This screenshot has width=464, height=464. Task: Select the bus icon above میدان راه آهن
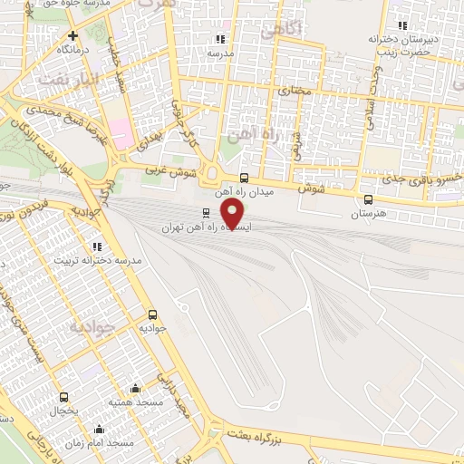click(x=244, y=178)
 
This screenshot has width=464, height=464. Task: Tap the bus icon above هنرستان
click(x=368, y=200)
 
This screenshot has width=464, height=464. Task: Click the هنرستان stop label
click(x=368, y=215)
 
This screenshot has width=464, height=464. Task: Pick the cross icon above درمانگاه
click(x=72, y=35)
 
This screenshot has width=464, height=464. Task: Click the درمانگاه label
click(x=72, y=50)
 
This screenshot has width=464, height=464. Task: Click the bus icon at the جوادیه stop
click(x=151, y=314)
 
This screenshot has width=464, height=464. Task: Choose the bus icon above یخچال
click(x=63, y=397)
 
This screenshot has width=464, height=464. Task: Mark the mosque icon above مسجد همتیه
click(x=135, y=388)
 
